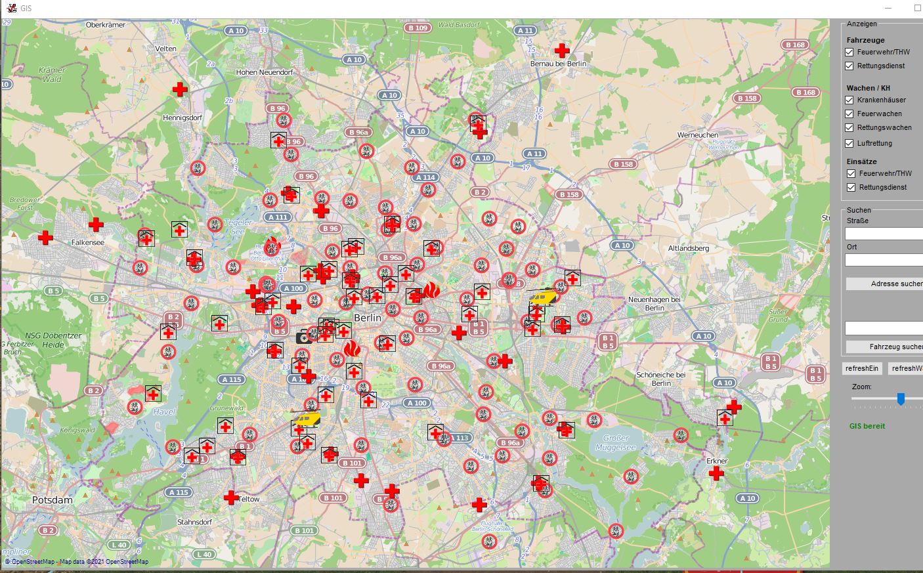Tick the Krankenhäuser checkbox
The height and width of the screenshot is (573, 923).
tap(849, 100)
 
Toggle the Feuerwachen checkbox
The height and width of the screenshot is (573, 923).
tap(849, 114)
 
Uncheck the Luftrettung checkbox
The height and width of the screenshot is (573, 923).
tap(849, 143)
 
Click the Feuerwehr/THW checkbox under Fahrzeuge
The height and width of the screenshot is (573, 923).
tap(849, 52)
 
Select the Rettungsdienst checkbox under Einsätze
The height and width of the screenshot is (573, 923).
tap(851, 187)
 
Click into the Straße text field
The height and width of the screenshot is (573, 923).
tap(884, 234)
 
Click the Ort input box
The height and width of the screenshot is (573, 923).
tap(884, 260)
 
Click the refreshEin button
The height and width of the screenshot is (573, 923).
tap(862, 368)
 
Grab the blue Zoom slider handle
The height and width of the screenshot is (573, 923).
tap(901, 398)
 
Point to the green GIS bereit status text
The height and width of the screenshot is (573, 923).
tap(867, 426)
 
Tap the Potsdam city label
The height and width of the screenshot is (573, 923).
tap(53, 500)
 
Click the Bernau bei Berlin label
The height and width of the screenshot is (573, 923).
tap(558, 64)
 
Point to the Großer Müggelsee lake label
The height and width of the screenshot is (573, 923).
tap(615, 442)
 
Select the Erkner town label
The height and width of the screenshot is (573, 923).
tap(717, 461)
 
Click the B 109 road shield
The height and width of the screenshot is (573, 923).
tap(418, 28)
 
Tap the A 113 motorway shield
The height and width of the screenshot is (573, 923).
tap(459, 438)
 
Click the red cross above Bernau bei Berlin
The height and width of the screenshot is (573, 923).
tap(562, 50)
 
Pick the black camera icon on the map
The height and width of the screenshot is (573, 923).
tap(304, 337)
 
